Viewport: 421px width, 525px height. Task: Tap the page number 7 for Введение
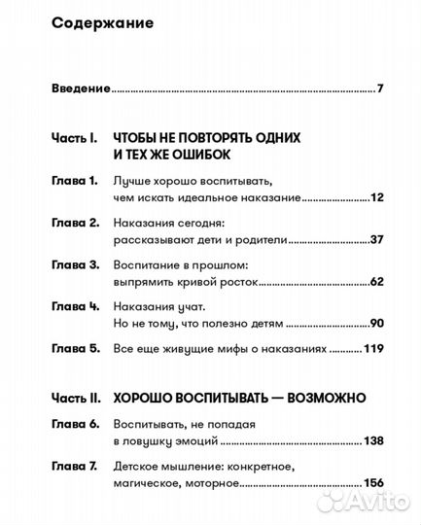(x=381, y=89)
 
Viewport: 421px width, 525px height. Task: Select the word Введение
(x=81, y=89)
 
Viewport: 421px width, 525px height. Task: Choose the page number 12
(x=377, y=197)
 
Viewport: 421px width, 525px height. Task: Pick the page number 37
(x=377, y=239)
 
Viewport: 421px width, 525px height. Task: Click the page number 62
(x=377, y=281)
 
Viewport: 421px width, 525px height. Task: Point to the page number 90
(x=377, y=322)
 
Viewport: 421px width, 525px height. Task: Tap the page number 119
(x=374, y=348)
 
